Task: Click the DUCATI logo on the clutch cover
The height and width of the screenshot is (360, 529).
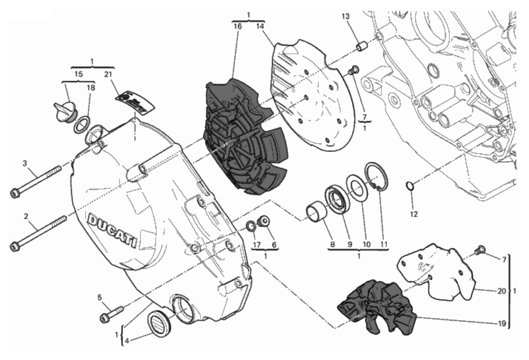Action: (x=112, y=230)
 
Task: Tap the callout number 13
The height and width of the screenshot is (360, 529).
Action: (x=346, y=17)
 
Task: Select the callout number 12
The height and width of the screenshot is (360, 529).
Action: (x=414, y=215)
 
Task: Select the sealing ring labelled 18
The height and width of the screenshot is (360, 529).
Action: (x=80, y=124)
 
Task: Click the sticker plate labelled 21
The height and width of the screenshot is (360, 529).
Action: (x=135, y=101)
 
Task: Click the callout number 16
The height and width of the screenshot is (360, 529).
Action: (x=238, y=26)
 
